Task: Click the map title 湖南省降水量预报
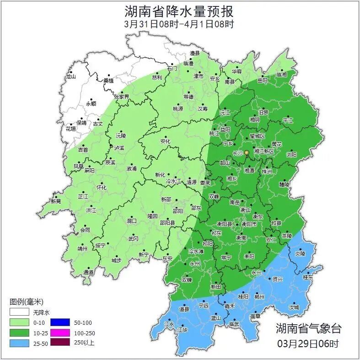179,11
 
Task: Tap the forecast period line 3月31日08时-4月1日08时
179,24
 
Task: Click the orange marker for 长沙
247,152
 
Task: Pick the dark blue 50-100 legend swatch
59,322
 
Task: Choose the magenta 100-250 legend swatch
59,332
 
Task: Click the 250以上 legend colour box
59,342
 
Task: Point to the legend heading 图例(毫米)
26,302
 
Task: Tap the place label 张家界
122,97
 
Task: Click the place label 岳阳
262,81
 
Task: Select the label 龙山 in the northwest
70,76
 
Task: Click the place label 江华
183,329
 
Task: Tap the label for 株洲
267,172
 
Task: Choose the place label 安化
165,141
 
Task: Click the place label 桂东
308,277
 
